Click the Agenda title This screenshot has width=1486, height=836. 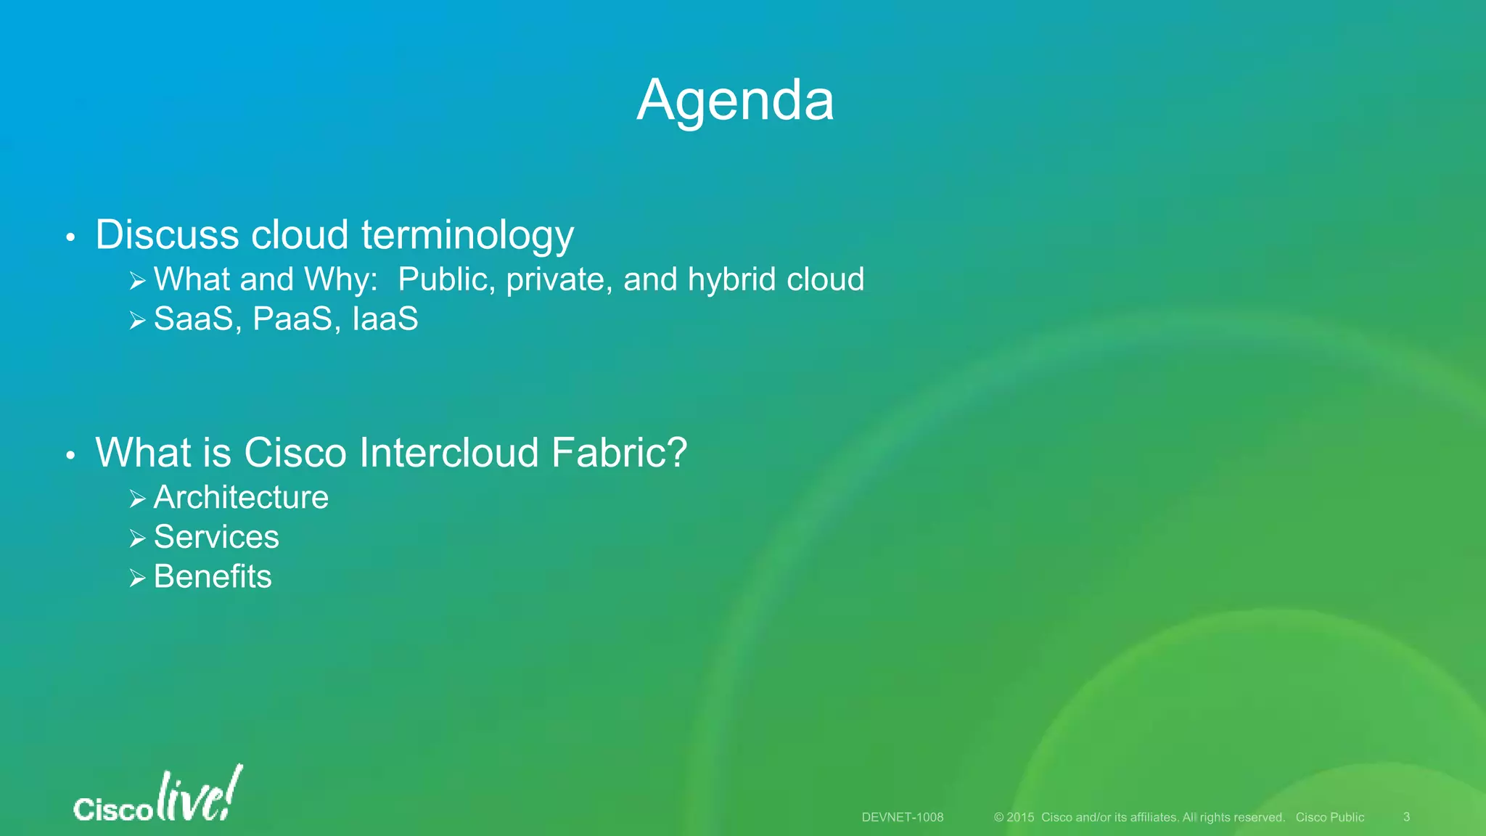pos(735,100)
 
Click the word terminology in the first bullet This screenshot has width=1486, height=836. pos(467,236)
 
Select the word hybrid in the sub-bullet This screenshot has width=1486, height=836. pos(733,279)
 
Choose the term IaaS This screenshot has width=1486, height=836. pos(385,319)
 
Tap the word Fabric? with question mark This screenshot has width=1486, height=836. pos(619,453)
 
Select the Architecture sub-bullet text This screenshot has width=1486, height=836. pos(241,498)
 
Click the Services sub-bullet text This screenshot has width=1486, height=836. pos(216,538)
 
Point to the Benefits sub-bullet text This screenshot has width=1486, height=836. pos(213,578)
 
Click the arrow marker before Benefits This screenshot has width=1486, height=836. pos(137,578)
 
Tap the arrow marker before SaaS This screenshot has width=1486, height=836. pos(137,320)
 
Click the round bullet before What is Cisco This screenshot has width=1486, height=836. pos(70,456)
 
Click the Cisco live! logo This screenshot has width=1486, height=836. pos(157,796)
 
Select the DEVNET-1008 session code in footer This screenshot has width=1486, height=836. pos(902,817)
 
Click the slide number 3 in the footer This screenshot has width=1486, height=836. pos(1406,817)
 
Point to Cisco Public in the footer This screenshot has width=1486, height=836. pos(1329,817)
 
